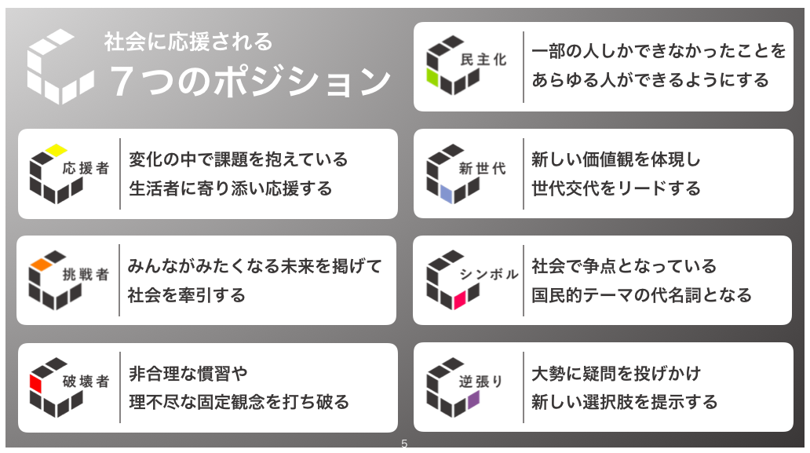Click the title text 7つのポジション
[250, 81]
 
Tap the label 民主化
[483, 60]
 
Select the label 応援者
[86, 168]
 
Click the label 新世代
[483, 168]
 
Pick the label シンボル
[488, 275]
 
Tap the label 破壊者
[86, 382]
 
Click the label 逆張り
[483, 382]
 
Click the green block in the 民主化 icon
[435, 78]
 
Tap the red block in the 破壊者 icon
[35, 383]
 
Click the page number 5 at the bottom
[404, 444]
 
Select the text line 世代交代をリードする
[616, 189]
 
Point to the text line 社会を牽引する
[187, 296]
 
